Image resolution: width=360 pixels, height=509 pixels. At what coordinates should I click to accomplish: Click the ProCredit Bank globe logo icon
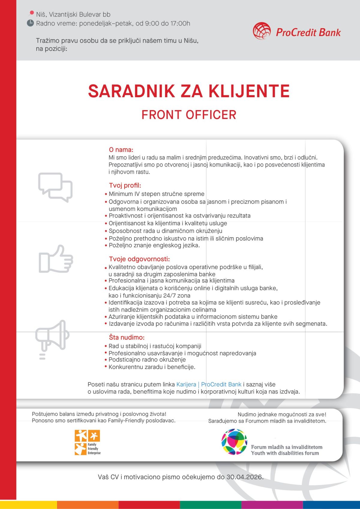pos(262,31)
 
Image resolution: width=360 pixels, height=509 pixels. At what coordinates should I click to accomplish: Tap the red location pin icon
pos(31,13)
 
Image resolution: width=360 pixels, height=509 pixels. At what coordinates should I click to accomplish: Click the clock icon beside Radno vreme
pos(30,23)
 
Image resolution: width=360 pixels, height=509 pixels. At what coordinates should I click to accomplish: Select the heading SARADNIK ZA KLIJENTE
pos(189,91)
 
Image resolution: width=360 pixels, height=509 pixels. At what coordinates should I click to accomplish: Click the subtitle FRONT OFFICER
pos(189,115)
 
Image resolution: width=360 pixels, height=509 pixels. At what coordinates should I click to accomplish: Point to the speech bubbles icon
pos(55,187)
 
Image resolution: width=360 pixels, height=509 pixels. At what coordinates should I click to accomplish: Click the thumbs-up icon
pos(56,259)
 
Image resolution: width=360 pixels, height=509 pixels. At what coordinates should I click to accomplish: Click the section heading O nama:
pos(121,150)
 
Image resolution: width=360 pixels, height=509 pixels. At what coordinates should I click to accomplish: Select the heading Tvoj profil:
pos(125,185)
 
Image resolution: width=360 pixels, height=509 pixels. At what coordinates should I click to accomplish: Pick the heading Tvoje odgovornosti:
pos(139,259)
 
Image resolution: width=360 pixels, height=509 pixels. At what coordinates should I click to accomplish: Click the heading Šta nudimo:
pos(127,337)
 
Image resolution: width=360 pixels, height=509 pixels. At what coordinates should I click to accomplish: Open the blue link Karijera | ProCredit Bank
pos(209,385)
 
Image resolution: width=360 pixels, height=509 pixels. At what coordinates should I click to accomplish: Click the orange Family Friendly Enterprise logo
pos(87,442)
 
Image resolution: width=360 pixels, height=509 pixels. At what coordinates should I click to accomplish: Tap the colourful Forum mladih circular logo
pos(234,442)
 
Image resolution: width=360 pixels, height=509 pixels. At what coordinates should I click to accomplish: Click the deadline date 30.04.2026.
pos(244,477)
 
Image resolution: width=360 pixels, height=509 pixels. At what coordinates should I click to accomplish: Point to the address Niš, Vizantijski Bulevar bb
pos(73,14)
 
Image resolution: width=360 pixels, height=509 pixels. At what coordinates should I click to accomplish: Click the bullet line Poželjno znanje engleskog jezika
pos(154,245)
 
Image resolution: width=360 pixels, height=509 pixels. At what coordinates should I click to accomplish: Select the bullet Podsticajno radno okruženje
pos(147,360)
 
